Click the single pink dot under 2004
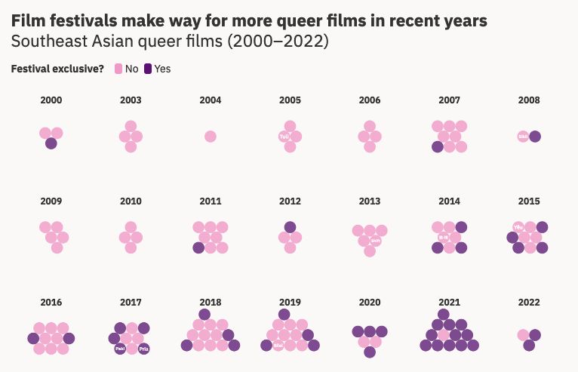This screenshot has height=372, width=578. point(211,137)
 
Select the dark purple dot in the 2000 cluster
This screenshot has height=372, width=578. point(51,143)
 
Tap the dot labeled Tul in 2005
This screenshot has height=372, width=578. point(284,137)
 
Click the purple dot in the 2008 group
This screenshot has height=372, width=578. point(535,137)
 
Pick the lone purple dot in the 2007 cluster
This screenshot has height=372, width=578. point(438,146)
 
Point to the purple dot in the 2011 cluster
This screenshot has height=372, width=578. point(198,247)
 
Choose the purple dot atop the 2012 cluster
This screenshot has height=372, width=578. point(291,227)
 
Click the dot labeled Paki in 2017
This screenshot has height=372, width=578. point(120,349)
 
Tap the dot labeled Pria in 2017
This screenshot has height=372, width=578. point(144,349)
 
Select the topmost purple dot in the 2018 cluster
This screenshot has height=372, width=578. point(204,315)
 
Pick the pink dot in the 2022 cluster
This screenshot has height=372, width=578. point(523,335)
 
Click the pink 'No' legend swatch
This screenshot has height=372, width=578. point(118,69)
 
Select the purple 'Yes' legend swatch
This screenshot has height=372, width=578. point(148,69)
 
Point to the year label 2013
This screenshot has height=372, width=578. point(370,201)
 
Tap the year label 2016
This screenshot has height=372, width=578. point(51,302)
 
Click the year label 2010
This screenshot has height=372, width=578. point(131,201)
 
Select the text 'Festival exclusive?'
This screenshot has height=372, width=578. point(57,69)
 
